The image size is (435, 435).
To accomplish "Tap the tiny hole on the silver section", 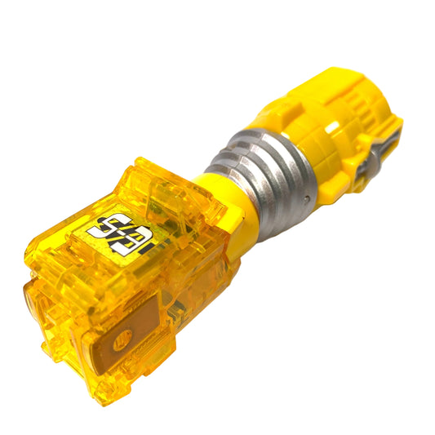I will coord(304,198).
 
